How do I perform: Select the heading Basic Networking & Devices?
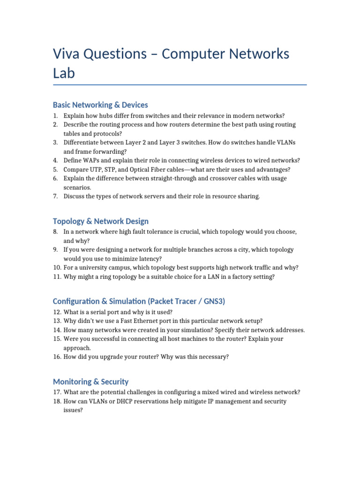pyautogui.click(x=100, y=105)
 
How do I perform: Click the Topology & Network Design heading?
pyautogui.click(x=101, y=221)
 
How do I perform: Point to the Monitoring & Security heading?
pyautogui.click(x=90, y=382)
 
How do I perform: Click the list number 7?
pyautogui.click(x=55, y=196)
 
